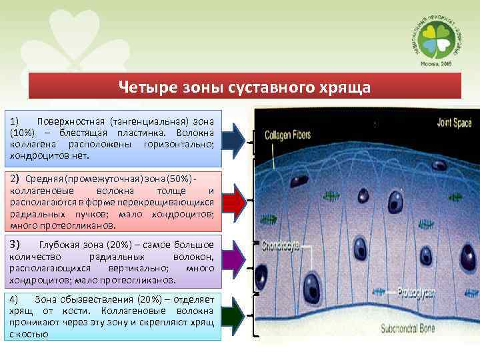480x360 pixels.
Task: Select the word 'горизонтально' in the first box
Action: click(x=174, y=145)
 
